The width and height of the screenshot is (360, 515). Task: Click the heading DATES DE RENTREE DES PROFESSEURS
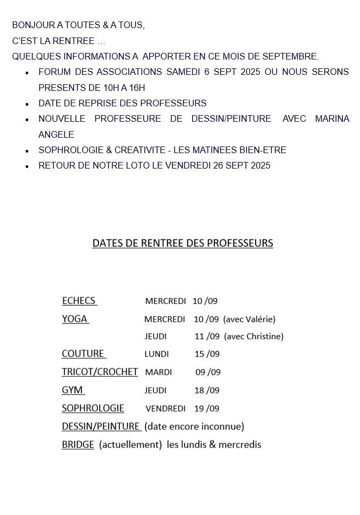tap(182, 243)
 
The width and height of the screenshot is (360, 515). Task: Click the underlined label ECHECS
tap(79, 301)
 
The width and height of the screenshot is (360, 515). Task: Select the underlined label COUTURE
tap(83, 354)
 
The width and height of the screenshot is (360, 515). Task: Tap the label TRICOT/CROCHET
tap(100, 372)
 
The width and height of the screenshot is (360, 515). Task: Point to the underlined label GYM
tap(72, 390)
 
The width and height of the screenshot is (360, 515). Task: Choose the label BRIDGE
tap(78, 444)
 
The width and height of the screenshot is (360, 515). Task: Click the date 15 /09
tap(207, 354)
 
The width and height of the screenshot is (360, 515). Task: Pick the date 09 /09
tap(208, 372)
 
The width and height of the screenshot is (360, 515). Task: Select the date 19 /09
tap(206, 409)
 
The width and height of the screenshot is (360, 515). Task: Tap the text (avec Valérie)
tap(249, 319)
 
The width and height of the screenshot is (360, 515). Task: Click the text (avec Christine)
tap(254, 336)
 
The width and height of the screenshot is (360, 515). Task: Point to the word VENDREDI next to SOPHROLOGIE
tap(165, 409)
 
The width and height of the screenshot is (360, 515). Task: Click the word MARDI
tap(159, 372)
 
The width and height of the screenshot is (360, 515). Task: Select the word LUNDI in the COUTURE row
tap(156, 354)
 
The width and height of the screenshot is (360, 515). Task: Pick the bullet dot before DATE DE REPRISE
tap(27, 104)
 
